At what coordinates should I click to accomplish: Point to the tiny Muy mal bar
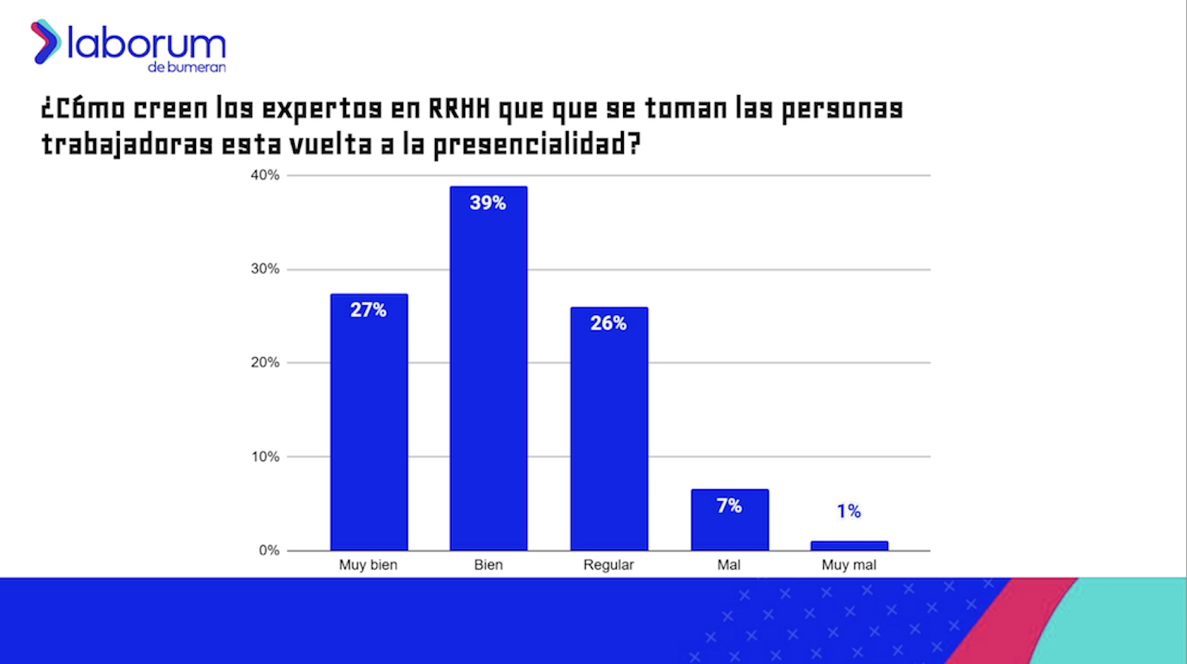(849, 546)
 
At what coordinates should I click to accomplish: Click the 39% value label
(488, 203)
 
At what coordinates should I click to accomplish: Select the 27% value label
(368, 310)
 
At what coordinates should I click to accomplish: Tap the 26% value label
(608, 324)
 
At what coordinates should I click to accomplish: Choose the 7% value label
(730, 506)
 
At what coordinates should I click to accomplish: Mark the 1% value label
(849, 511)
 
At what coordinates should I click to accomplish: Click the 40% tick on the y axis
(265, 175)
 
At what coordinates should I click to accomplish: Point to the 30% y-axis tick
(265, 269)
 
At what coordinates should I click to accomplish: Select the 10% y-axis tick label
(265, 457)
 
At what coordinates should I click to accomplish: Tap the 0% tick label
(269, 551)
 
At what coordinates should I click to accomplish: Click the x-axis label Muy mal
(849, 565)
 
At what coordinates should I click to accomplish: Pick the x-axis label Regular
(608, 565)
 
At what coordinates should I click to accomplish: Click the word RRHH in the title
(459, 109)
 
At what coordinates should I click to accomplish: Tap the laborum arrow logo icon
(45, 42)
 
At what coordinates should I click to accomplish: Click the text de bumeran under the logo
(187, 68)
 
